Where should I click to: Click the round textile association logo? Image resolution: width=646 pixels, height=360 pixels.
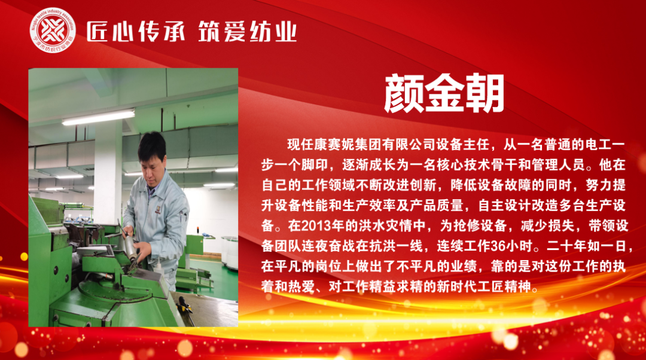pos(53,31)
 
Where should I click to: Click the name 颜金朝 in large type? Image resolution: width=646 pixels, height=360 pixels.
pos(444,93)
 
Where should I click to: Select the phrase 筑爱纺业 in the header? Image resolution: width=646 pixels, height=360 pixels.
pos(247,32)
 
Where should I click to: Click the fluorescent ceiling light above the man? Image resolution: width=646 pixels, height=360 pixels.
pos(99,117)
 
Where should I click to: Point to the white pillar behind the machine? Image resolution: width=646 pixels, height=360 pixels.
pos(108,173)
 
